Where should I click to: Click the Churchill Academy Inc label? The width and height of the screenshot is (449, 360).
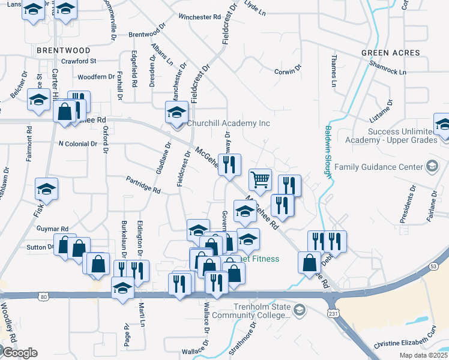pos(228,124)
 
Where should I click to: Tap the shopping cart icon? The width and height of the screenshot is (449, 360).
pos(260,179)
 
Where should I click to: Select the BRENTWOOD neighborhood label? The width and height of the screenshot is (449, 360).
pos(63,50)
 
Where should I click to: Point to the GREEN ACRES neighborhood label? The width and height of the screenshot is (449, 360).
pos(390,53)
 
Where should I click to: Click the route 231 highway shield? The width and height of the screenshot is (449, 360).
pos(333,313)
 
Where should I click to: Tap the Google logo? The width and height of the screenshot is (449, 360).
pos(19,353)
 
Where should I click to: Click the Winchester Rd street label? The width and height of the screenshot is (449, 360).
pos(199,17)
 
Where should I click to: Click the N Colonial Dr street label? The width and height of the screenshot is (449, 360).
pos(77,144)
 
